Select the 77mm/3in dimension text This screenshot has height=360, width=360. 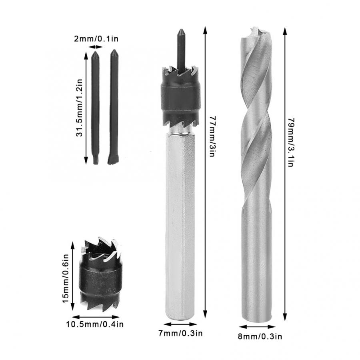click(x=212, y=136)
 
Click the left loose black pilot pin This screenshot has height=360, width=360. click(x=95, y=108)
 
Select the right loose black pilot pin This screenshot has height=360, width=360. click(x=114, y=108)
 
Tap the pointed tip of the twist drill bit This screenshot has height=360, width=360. click(x=253, y=30)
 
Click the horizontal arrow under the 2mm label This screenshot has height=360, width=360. click(x=96, y=47)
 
